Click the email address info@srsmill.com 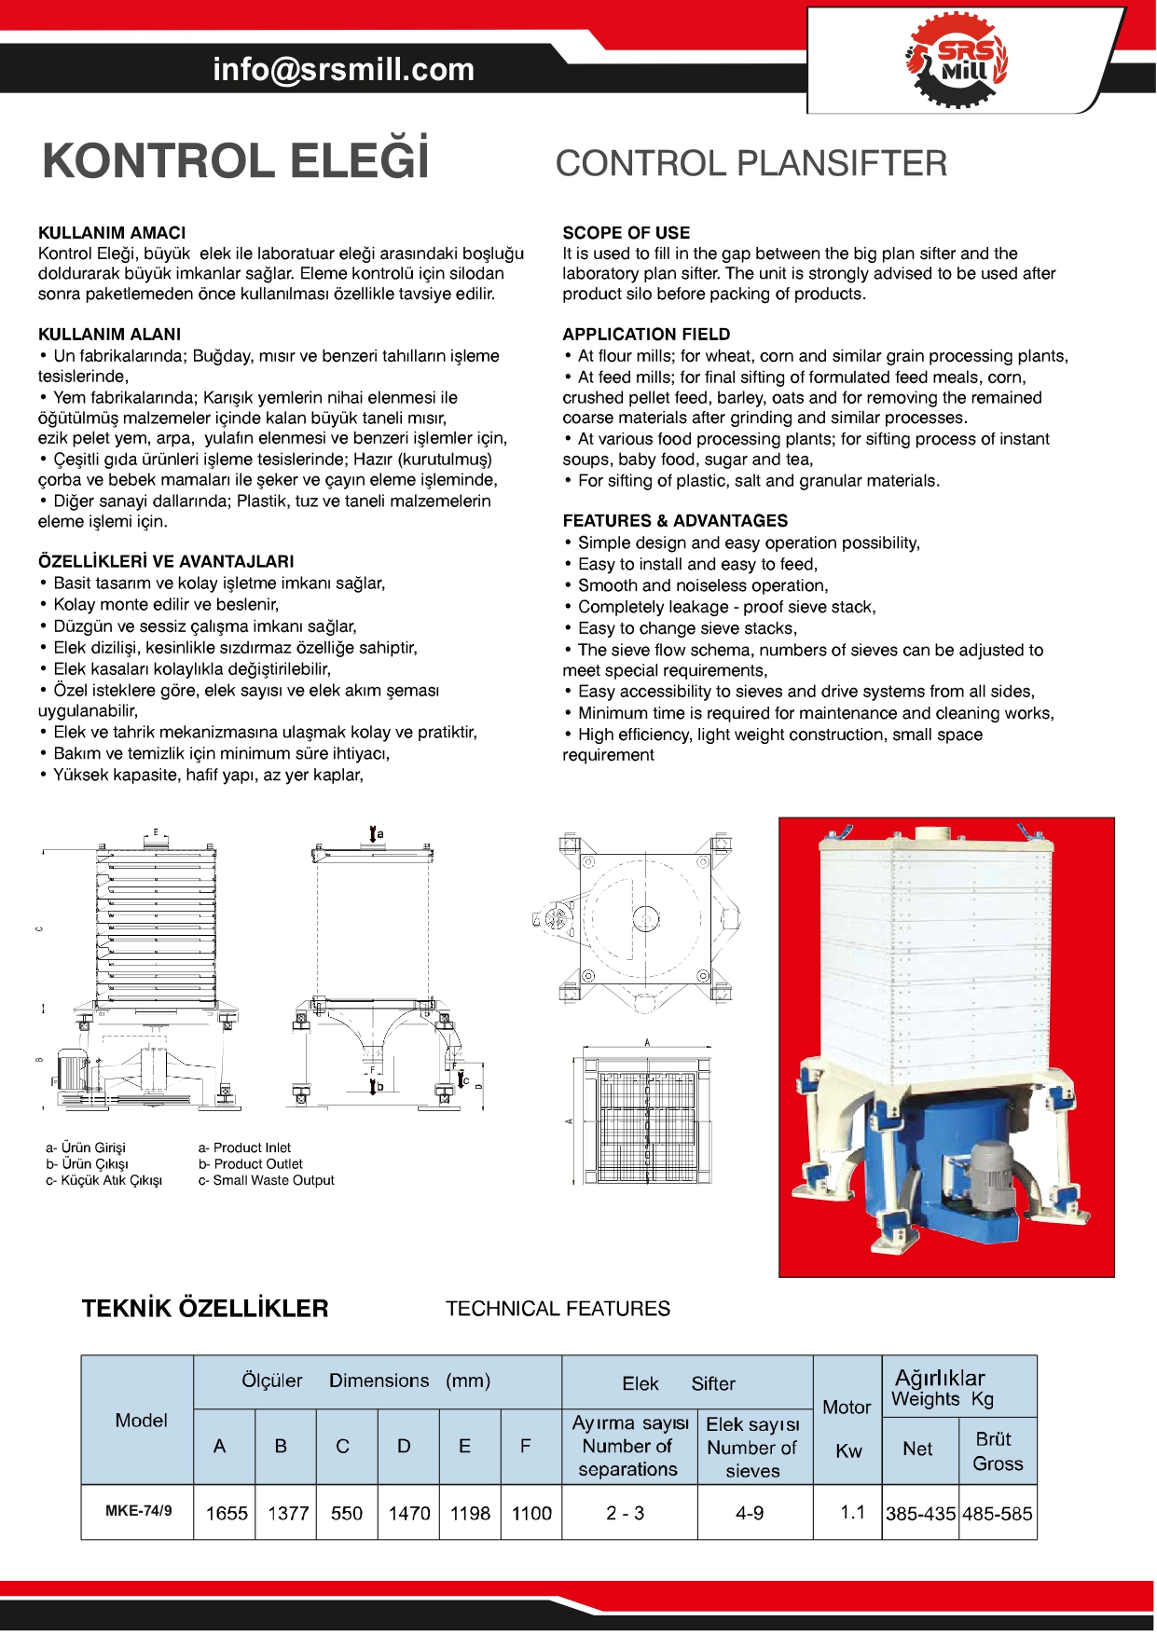[x=343, y=69]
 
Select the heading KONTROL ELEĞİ [x=235, y=160]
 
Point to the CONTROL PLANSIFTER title [x=751, y=164]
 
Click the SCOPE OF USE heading [x=626, y=233]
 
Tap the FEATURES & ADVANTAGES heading [x=675, y=521]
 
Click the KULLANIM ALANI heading [x=109, y=335]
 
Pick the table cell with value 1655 [x=227, y=1513]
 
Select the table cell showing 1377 [x=287, y=1513]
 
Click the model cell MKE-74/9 [x=138, y=1510]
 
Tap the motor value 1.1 [x=852, y=1512]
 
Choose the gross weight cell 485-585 [x=998, y=1514]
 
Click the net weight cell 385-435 [x=920, y=1514]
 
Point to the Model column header [x=141, y=1421]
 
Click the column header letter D [x=404, y=1447]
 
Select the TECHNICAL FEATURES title [x=558, y=1309]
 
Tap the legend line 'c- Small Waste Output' [x=266, y=1180]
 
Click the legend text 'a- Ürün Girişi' [x=85, y=1147]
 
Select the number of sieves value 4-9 [x=750, y=1513]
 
